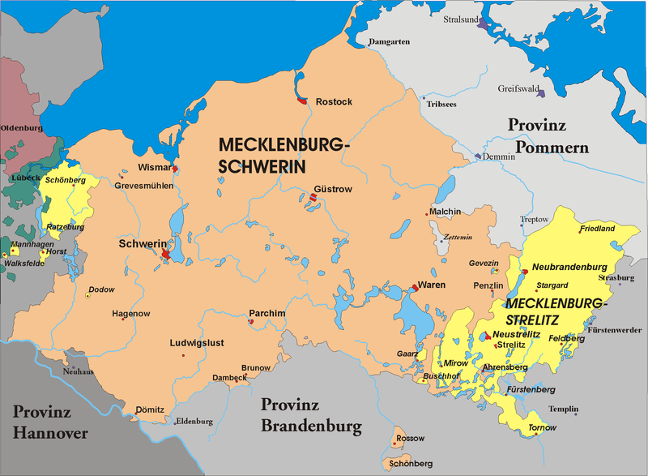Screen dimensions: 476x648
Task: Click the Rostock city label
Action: (x=334, y=101)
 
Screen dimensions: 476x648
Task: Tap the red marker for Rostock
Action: (x=301, y=101)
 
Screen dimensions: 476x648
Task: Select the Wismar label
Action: (x=155, y=168)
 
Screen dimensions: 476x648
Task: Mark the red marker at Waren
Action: (x=416, y=287)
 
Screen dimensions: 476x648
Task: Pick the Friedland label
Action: (x=597, y=229)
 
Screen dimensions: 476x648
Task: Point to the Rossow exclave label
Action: (x=410, y=439)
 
